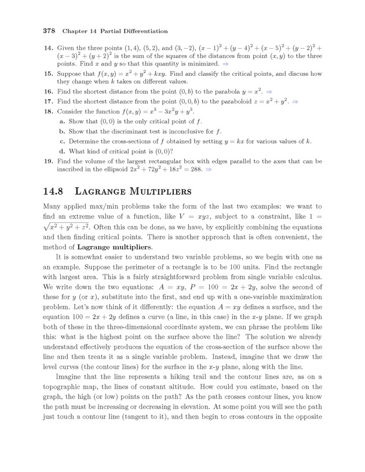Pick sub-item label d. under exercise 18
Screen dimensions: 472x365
coord(62,151)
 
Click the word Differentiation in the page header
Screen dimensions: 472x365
coord(142,30)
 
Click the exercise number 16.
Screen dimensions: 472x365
coord(48,92)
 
